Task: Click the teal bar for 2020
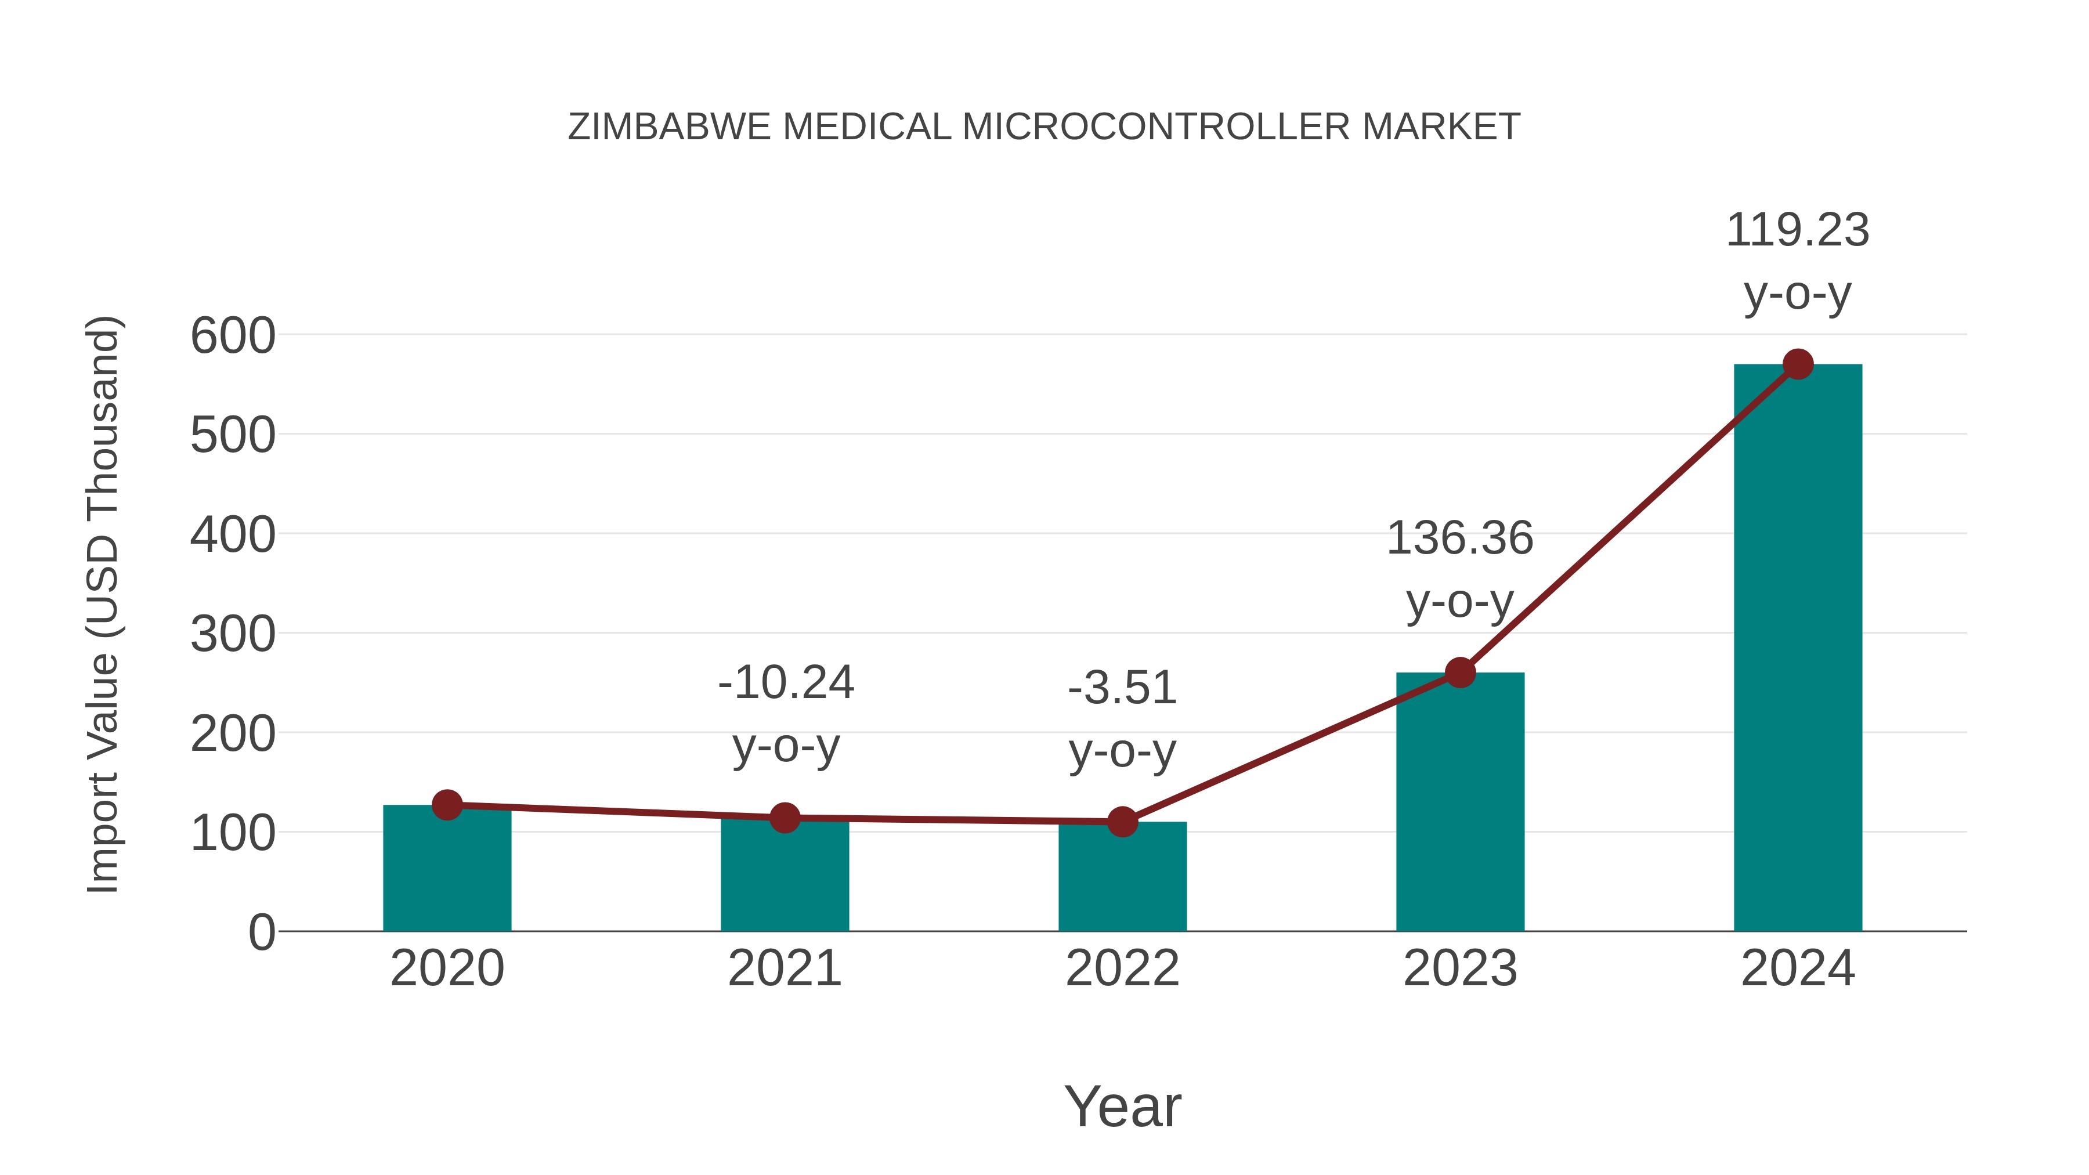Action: tap(447, 872)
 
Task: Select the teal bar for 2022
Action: tap(1122, 880)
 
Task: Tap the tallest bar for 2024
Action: tap(1798, 649)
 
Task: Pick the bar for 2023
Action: tap(1460, 803)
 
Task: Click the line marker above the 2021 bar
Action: tap(784, 818)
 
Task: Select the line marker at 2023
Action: tap(1460, 673)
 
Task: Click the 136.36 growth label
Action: tap(1460, 538)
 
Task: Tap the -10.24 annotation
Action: tap(786, 683)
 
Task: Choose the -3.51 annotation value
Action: tap(1122, 688)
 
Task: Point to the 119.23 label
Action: tap(1798, 230)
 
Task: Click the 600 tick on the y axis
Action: tap(233, 336)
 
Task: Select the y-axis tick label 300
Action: tap(233, 634)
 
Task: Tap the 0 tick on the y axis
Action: tap(261, 932)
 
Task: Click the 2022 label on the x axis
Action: tap(1122, 968)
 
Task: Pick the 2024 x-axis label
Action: tap(1798, 968)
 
